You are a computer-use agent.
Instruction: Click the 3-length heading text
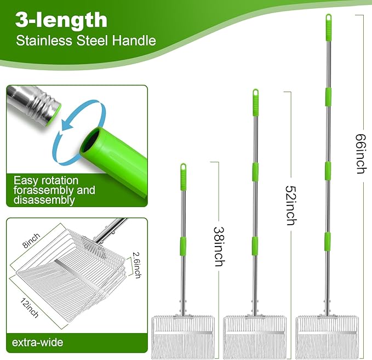(61, 20)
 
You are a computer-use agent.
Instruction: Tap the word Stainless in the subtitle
(44, 41)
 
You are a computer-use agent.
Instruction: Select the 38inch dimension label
(219, 247)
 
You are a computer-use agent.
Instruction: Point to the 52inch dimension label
(291, 205)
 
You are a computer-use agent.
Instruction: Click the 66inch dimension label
(361, 154)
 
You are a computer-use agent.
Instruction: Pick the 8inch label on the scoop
(32, 241)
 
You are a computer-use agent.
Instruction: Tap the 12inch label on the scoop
(30, 307)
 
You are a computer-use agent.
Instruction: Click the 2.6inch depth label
(137, 265)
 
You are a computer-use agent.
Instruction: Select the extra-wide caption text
(37, 342)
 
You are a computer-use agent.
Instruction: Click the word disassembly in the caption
(44, 200)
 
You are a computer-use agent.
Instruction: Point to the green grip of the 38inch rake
(183, 177)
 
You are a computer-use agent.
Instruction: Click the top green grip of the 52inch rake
(255, 102)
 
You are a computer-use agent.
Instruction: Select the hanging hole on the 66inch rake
(329, 18)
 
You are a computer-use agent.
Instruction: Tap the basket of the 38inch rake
(183, 337)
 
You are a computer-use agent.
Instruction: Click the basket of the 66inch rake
(327, 337)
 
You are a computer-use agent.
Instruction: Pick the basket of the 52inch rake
(255, 337)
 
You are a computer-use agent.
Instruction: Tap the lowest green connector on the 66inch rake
(328, 242)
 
